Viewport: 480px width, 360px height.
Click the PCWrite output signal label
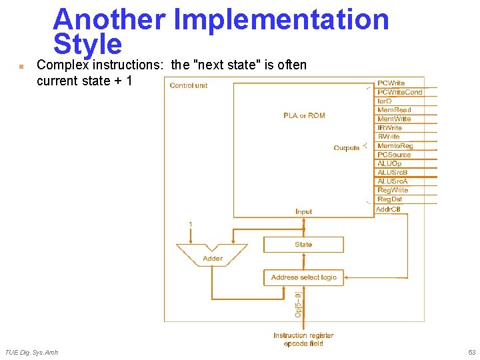[391, 83]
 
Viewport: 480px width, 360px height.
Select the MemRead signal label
[394, 110]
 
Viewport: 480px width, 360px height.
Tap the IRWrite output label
[390, 127]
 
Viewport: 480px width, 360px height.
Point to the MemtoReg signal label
[395, 145]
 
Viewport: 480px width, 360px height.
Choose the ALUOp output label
[389, 163]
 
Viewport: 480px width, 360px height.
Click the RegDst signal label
[390, 199]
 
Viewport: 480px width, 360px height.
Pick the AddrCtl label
[388, 209]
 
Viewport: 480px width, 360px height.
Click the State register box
[303, 245]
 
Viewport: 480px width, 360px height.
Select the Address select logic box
[304, 277]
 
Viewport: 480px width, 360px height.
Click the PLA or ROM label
[304, 115]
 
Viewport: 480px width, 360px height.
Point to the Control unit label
[189, 85]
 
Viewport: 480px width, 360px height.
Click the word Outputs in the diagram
[347, 148]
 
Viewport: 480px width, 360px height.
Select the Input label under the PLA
[303, 211]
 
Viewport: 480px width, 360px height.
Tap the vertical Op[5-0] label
[297, 303]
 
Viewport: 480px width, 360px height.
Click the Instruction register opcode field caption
[303, 339]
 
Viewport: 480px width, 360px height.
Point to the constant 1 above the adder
[191, 224]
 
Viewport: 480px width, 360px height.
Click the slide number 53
[471, 352]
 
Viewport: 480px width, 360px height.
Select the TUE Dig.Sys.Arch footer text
[31, 352]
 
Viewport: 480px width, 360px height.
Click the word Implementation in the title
[281, 19]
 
